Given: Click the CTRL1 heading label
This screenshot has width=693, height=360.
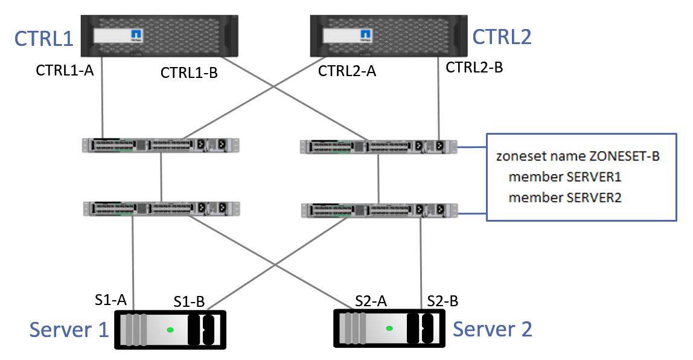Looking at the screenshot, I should [44, 39].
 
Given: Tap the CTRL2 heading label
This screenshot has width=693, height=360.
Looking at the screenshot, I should [502, 37].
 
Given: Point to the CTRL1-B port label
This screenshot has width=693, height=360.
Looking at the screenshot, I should [189, 73].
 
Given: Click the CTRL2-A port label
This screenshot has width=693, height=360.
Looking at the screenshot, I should [347, 71].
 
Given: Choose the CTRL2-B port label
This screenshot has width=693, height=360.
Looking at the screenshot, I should [474, 68].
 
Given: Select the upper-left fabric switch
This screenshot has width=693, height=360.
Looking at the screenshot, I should [161, 145].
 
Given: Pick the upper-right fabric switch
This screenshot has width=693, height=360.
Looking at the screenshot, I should [378, 146].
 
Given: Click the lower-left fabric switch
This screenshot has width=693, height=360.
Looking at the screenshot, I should [161, 208].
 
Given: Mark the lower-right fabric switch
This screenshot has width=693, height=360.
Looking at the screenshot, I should [378, 210].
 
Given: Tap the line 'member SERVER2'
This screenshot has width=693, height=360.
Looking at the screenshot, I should [565, 198].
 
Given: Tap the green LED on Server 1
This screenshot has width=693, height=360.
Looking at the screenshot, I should [171, 329].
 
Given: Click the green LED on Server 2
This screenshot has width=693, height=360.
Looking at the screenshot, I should [389, 329].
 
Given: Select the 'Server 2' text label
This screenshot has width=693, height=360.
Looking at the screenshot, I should [493, 329].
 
